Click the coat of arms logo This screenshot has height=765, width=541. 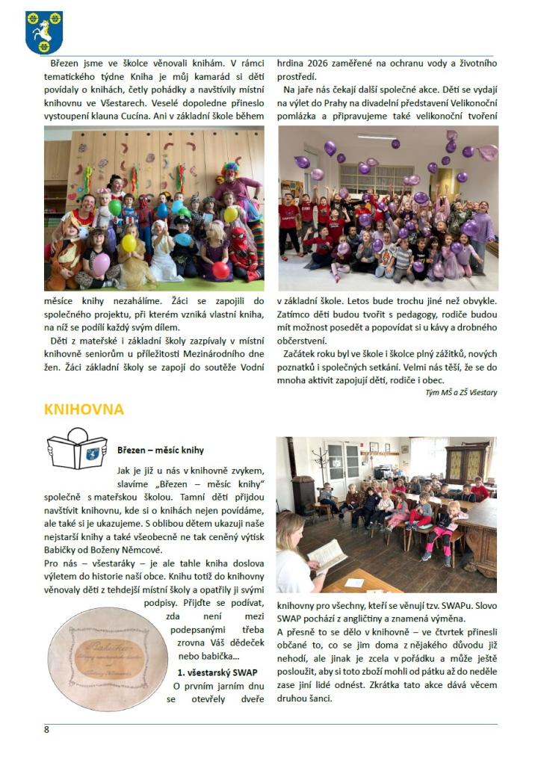pos(43,32)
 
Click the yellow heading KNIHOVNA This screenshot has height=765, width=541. pos(84,409)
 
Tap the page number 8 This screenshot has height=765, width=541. pos(46,730)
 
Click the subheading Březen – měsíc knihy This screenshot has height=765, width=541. pos(161,450)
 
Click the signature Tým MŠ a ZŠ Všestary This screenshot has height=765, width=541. pos(461,392)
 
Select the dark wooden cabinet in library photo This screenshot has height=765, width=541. pos(467,462)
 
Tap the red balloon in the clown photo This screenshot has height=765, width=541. pos(221,270)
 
